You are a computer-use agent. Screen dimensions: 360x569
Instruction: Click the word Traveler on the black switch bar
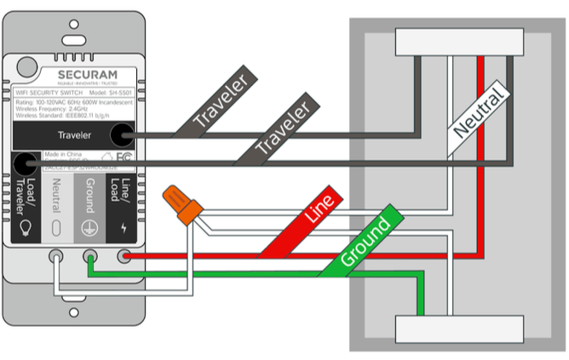(x=77, y=134)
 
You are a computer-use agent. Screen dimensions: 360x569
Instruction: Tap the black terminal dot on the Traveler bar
(x=124, y=134)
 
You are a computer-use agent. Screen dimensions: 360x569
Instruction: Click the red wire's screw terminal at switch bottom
(x=124, y=254)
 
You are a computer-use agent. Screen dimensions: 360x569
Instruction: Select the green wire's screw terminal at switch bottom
(x=89, y=254)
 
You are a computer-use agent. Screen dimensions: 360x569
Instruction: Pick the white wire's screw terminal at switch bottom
(x=56, y=254)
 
